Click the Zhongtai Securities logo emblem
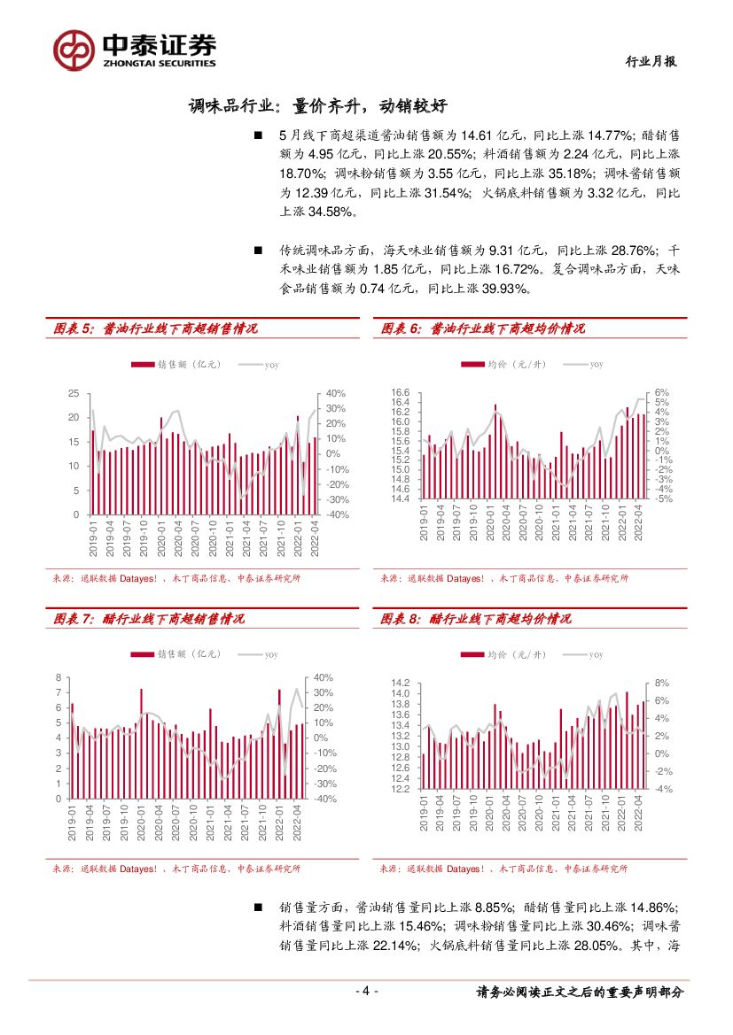[73, 50]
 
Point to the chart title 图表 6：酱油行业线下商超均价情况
[483, 328]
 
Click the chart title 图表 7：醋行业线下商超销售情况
[150, 618]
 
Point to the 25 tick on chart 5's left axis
[74, 393]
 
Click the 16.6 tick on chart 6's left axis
[400, 393]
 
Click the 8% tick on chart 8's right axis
[661, 684]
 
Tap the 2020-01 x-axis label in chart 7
[141, 821]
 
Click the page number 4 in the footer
[366, 992]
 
